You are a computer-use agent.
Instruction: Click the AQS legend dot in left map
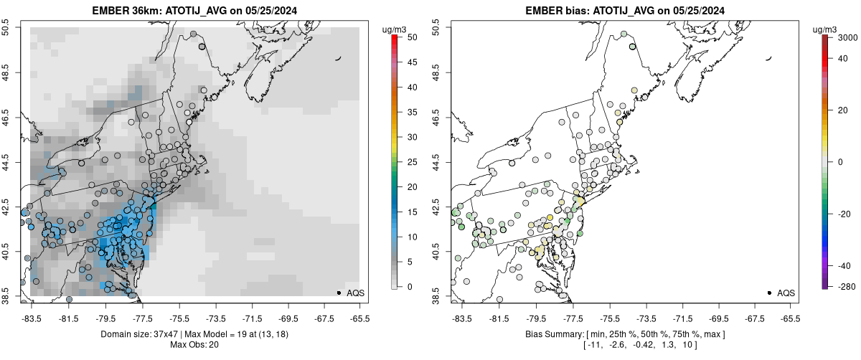[338, 293]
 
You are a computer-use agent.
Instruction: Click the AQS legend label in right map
[786, 293]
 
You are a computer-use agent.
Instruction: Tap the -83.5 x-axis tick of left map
[32, 318]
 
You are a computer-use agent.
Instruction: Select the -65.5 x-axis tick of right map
[790, 318]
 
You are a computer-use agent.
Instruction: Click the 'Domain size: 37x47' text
[143, 334]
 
